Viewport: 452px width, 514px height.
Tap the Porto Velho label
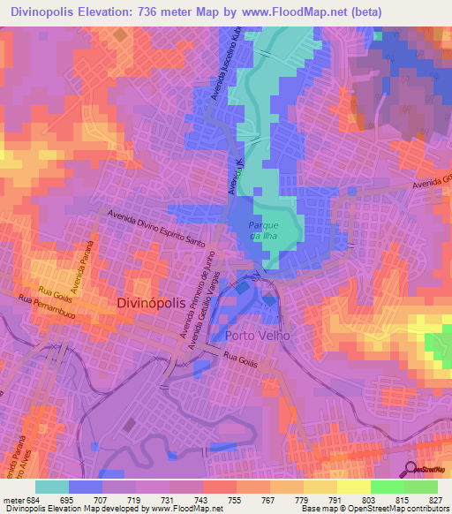(258, 336)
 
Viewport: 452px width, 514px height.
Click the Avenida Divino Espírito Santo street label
(156, 227)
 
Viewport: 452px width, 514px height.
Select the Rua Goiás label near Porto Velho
(240, 359)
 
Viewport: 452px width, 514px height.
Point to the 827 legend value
(436, 499)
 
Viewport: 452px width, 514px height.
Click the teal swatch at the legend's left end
(52, 487)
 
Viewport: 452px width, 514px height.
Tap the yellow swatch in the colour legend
(354, 487)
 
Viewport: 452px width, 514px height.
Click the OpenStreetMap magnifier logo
(410, 469)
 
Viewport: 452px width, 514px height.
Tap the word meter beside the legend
(12, 499)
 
